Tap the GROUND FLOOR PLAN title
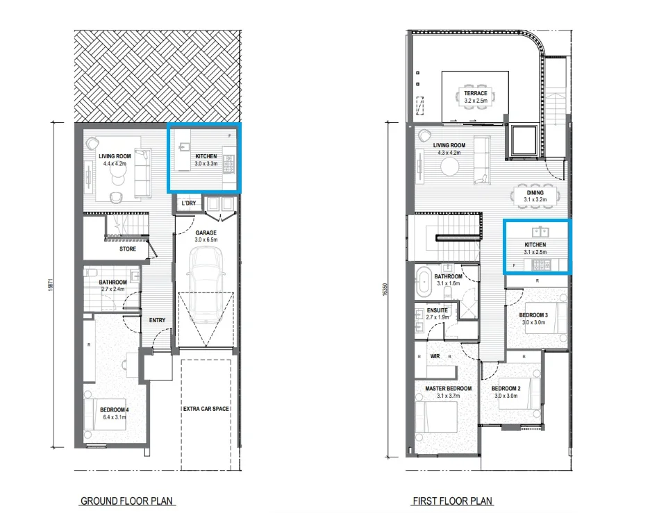127,501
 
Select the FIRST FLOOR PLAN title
453,501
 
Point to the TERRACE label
476,93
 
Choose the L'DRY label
189,203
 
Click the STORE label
128,249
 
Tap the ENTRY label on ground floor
157,320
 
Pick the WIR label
435,355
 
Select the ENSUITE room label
437,310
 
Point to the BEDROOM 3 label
533,315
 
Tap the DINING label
535,192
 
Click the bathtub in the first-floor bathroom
424,285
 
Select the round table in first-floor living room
449,167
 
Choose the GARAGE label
206,233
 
